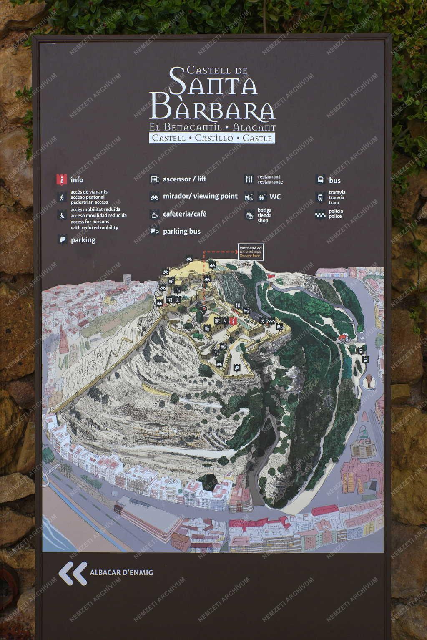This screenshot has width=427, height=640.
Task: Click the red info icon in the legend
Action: click(62, 179)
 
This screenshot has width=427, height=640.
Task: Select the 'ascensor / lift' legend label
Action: click(184, 179)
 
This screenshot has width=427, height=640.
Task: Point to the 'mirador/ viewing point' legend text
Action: click(200, 196)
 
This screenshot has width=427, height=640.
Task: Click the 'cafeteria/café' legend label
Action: click(184, 214)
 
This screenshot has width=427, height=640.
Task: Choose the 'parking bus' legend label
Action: click(181, 231)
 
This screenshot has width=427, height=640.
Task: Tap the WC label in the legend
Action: click(275, 197)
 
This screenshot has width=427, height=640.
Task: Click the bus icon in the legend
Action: click(320, 180)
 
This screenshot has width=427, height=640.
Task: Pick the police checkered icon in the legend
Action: click(320, 214)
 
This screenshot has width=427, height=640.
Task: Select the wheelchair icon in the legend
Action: click(62, 216)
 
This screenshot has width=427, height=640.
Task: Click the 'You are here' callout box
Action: click(250, 252)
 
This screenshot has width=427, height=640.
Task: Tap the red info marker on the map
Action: click(233, 321)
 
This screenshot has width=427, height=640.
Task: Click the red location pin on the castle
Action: click(204, 309)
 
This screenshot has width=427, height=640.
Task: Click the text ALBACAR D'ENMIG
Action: click(121, 572)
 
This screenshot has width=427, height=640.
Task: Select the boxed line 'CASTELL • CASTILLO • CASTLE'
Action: click(212, 138)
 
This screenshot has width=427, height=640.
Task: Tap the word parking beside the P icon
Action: click(83, 240)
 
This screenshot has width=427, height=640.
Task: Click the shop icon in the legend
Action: click(249, 215)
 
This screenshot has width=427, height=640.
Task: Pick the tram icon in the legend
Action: click(320, 197)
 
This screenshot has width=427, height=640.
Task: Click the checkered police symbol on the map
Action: click(271, 320)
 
